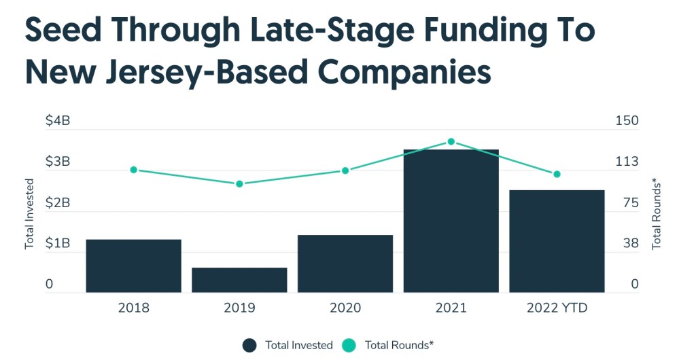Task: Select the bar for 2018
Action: point(133,266)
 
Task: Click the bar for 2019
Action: point(239,280)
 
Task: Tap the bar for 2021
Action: point(451,221)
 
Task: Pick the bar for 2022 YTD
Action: point(557,241)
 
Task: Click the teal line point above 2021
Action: point(451,141)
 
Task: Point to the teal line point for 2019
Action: point(239,183)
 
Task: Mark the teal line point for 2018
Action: point(134,170)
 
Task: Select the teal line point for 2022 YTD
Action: point(557,175)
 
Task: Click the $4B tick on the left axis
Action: point(58,121)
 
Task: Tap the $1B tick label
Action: point(58,243)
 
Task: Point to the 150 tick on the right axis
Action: point(627,121)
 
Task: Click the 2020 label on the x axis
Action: point(345,308)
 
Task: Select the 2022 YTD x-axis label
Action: point(557,308)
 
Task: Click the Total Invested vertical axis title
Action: point(29,213)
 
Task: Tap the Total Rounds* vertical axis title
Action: point(657,213)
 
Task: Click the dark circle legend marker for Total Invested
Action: point(249,345)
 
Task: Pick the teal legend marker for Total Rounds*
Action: point(349,345)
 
